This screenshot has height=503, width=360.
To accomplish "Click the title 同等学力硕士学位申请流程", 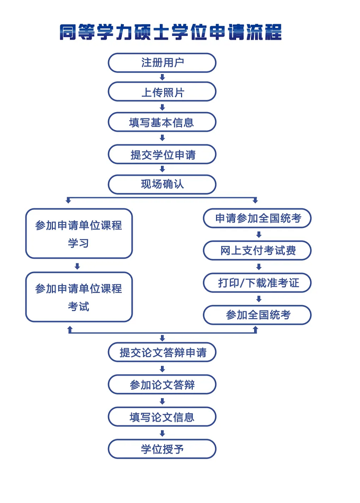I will (170, 32).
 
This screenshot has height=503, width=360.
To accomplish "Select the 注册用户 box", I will (162, 62).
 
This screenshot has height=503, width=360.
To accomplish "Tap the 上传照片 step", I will (162, 92).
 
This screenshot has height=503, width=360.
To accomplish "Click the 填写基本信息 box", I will (162, 123).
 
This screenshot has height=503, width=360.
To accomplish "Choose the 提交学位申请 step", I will (162, 154).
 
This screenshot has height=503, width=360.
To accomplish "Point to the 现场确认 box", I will (162, 185).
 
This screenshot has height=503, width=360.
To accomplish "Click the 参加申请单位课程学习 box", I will (79, 233).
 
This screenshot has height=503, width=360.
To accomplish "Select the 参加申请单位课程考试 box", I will (79, 297).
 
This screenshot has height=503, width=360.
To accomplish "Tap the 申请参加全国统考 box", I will (257, 218).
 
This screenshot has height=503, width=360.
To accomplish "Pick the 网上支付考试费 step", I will (257, 250).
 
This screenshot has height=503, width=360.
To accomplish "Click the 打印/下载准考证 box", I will (257, 283).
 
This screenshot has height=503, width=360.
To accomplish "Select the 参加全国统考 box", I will (257, 315).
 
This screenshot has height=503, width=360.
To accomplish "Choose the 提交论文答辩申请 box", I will (162, 352).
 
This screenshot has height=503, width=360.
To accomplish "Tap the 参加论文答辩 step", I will (162, 385).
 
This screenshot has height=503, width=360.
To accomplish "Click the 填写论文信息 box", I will (162, 417).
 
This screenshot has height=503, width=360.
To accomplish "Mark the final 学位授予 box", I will (162, 449).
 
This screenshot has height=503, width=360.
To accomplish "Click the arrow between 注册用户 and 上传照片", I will (162, 77).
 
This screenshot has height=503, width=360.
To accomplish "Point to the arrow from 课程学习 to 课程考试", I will (77, 266).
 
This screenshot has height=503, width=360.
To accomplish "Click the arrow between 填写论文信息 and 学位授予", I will (162, 433).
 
